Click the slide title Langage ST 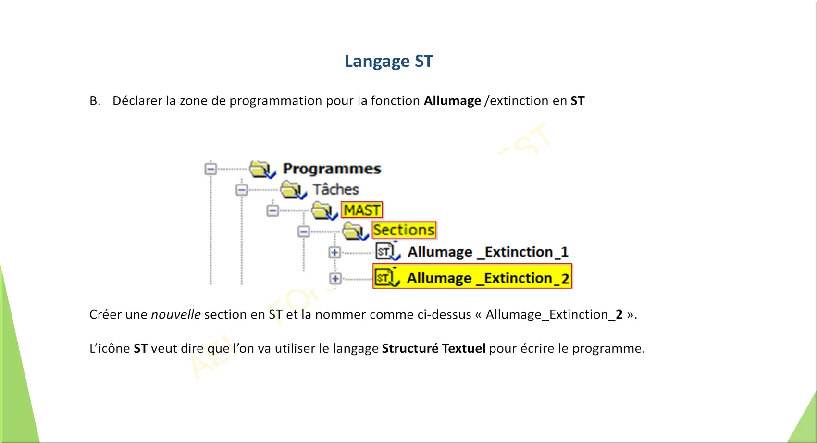click(389, 61)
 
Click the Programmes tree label click(332, 169)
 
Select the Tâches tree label click(335, 189)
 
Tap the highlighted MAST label click(361, 209)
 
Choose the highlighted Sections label click(404, 230)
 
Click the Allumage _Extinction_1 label click(488, 252)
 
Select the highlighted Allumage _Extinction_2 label click(488, 278)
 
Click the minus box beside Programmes click(210, 169)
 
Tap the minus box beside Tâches click(241, 190)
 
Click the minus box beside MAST click(272, 210)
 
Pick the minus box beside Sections click(303, 231)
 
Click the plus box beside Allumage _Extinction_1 click(334, 252)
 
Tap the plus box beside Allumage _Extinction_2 click(335, 279)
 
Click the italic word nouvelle click(176, 314)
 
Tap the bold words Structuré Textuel click(433, 348)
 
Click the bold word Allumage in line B click(452, 101)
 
